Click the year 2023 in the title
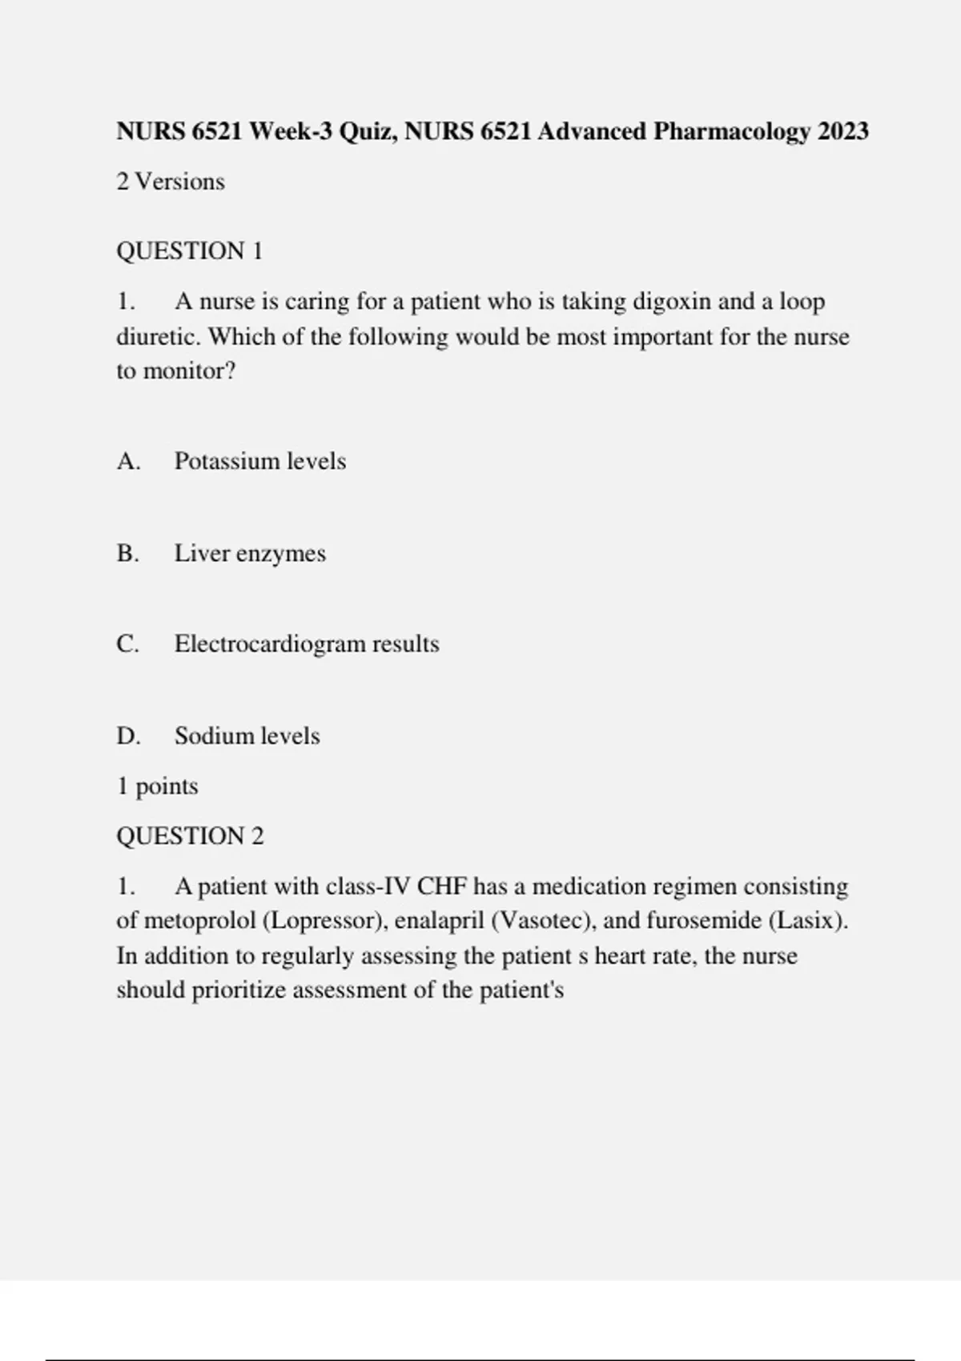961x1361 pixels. coord(842,131)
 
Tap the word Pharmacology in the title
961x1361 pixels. coord(731,131)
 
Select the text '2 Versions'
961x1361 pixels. coord(171,182)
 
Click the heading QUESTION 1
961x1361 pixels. coord(190,251)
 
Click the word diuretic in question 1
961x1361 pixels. coord(158,337)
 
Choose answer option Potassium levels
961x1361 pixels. coord(260,461)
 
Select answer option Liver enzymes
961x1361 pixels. coord(250,553)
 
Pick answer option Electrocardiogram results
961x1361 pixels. coord(307,644)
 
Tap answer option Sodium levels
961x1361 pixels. coord(247,736)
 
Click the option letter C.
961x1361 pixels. coord(127,644)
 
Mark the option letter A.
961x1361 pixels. coord(128,461)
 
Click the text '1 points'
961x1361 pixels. coord(158,786)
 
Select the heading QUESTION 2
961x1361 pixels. coord(190,837)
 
